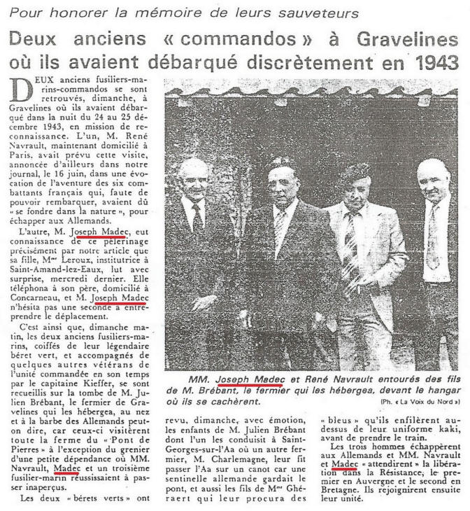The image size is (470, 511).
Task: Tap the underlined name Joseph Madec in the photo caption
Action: coord(249,380)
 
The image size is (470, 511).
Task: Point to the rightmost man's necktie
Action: coord(434,237)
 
